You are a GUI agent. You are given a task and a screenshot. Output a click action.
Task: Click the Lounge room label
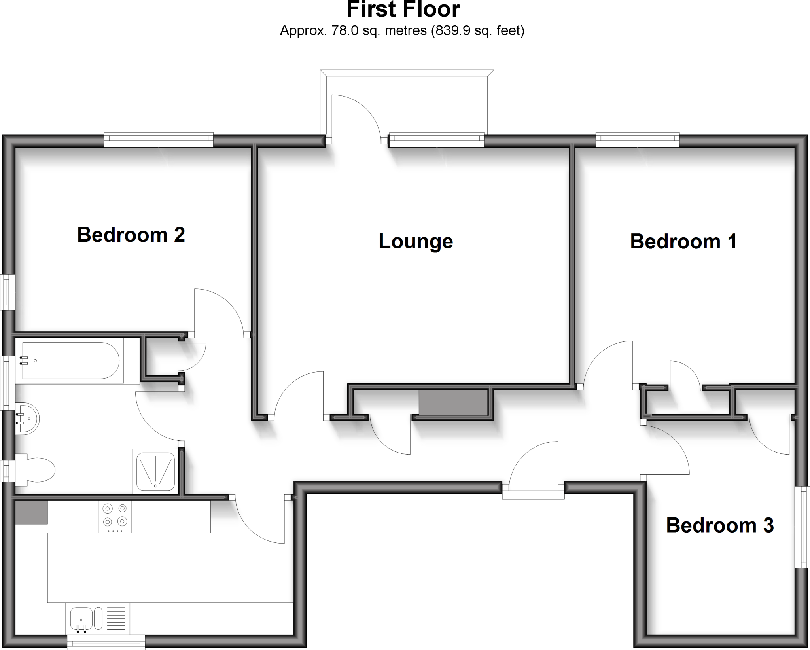click(416, 241)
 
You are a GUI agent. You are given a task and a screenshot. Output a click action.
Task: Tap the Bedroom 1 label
click(683, 241)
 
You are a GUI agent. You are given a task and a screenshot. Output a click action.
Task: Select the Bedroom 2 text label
click(131, 235)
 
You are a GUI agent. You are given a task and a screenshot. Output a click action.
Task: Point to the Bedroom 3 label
click(720, 525)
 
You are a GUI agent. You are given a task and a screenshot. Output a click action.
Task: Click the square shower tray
click(155, 471)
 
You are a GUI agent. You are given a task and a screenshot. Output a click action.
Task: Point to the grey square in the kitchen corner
click(31, 512)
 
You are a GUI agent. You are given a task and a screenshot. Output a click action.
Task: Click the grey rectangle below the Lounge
click(453, 403)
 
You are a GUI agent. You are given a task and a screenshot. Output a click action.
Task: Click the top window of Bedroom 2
click(159, 139)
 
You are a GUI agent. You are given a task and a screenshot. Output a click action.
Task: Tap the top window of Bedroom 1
click(638, 139)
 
